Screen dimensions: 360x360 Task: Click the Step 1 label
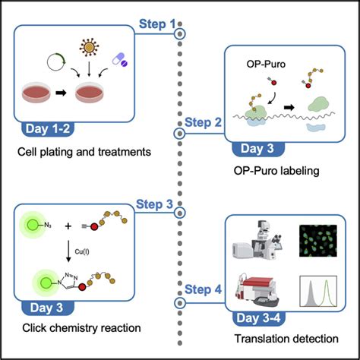coord(157,24)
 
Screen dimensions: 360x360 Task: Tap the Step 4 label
coord(203,289)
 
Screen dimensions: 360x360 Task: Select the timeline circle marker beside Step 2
coord(180,133)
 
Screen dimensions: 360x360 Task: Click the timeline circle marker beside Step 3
coord(180,213)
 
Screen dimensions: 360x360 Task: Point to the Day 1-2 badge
coord(48,129)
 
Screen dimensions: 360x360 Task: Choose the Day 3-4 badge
coord(258,318)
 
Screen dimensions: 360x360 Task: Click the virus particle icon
coord(89,47)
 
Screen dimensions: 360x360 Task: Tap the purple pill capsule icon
coord(120,60)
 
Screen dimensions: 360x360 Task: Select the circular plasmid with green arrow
coord(56,62)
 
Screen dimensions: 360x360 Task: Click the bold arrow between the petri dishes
coord(61,93)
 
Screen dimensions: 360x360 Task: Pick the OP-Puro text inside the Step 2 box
coord(266,64)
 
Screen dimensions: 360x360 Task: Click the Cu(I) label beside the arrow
coord(82,251)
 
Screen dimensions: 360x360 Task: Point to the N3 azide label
coord(48,225)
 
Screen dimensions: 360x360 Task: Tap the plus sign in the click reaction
coord(68,226)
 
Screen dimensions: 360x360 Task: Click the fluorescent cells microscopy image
coord(318,241)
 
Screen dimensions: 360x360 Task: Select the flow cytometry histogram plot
coord(318,291)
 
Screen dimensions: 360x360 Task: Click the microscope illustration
coord(257,240)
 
